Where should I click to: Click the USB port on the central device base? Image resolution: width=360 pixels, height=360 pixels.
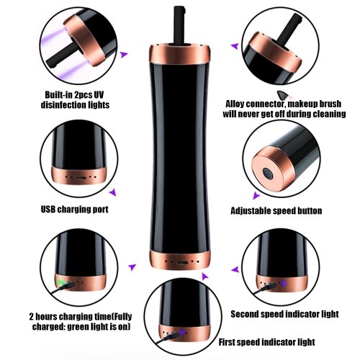[181, 262]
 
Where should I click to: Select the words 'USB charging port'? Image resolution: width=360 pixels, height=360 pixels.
[75, 210]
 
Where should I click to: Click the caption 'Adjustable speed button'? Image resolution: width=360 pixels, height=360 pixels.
[276, 211]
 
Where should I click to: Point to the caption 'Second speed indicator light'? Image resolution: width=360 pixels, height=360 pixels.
[284, 314]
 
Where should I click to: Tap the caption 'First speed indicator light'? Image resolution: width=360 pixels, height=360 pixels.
[266, 342]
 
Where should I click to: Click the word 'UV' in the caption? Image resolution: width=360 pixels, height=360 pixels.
[99, 94]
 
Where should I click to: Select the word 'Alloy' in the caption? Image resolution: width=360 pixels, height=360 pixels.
[235, 104]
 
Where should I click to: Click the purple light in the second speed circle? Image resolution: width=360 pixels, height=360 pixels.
[284, 284]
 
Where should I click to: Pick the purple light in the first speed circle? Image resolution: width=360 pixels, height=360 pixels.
[182, 333]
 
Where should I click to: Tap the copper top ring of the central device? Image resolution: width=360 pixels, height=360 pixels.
[179, 55]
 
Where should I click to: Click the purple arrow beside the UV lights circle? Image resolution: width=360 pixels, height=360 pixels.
[124, 55]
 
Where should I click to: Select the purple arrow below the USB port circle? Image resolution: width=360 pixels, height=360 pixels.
[113, 192]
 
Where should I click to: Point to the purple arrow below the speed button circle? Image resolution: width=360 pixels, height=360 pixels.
[256, 196]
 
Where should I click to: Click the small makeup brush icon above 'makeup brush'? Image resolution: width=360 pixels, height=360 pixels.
[284, 95]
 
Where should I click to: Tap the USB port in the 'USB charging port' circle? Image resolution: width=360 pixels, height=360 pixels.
[81, 178]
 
